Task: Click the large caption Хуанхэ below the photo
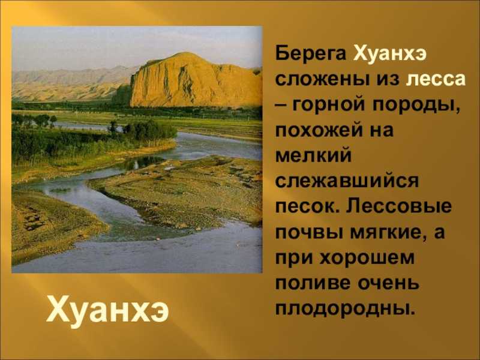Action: [x=107, y=311]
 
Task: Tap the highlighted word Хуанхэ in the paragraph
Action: [x=389, y=55]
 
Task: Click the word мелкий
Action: [x=313, y=155]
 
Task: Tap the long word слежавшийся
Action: [x=347, y=181]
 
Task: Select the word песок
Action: [x=308, y=206]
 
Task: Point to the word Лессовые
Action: [x=399, y=206]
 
